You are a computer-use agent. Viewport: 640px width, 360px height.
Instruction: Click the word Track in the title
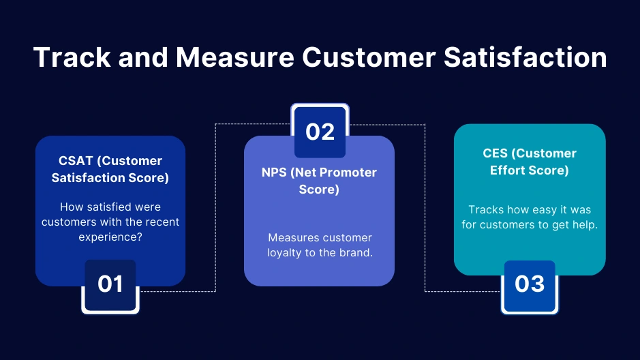pos(71,57)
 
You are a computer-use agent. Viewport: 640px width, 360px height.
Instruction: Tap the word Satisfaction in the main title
pos(524,57)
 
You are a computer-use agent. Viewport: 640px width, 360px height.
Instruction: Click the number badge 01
pos(110,283)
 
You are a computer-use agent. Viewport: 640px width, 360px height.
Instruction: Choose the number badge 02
pos(320,131)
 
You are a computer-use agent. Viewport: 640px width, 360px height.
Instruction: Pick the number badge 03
pos(530,284)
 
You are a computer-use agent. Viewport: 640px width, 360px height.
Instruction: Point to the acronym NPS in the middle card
pos(275,172)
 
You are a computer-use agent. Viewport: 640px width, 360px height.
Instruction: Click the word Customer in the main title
pos(368,57)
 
